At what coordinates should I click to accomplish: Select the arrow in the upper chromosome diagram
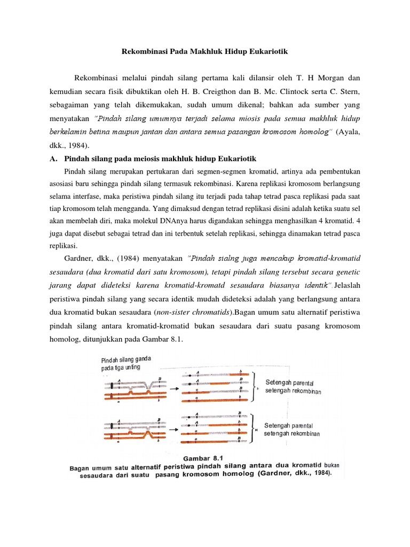(x=174, y=389)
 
